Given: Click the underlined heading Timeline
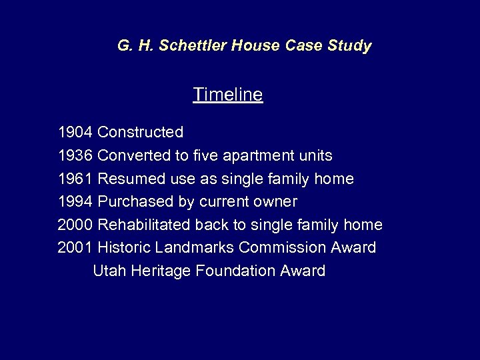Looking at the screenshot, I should [x=228, y=95].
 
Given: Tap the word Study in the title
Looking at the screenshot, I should [x=349, y=46].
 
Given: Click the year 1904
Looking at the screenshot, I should [x=75, y=133].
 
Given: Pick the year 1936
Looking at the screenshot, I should [x=75, y=156].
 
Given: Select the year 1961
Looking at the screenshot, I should [x=75, y=179].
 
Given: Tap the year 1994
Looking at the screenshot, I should [x=75, y=201].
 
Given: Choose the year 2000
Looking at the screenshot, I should [x=75, y=225].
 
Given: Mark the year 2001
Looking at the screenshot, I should [x=75, y=247].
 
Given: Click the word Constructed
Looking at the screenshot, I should [x=140, y=133].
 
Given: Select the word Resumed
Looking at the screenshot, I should [x=126, y=179].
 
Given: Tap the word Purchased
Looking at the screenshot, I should [x=128, y=201].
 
